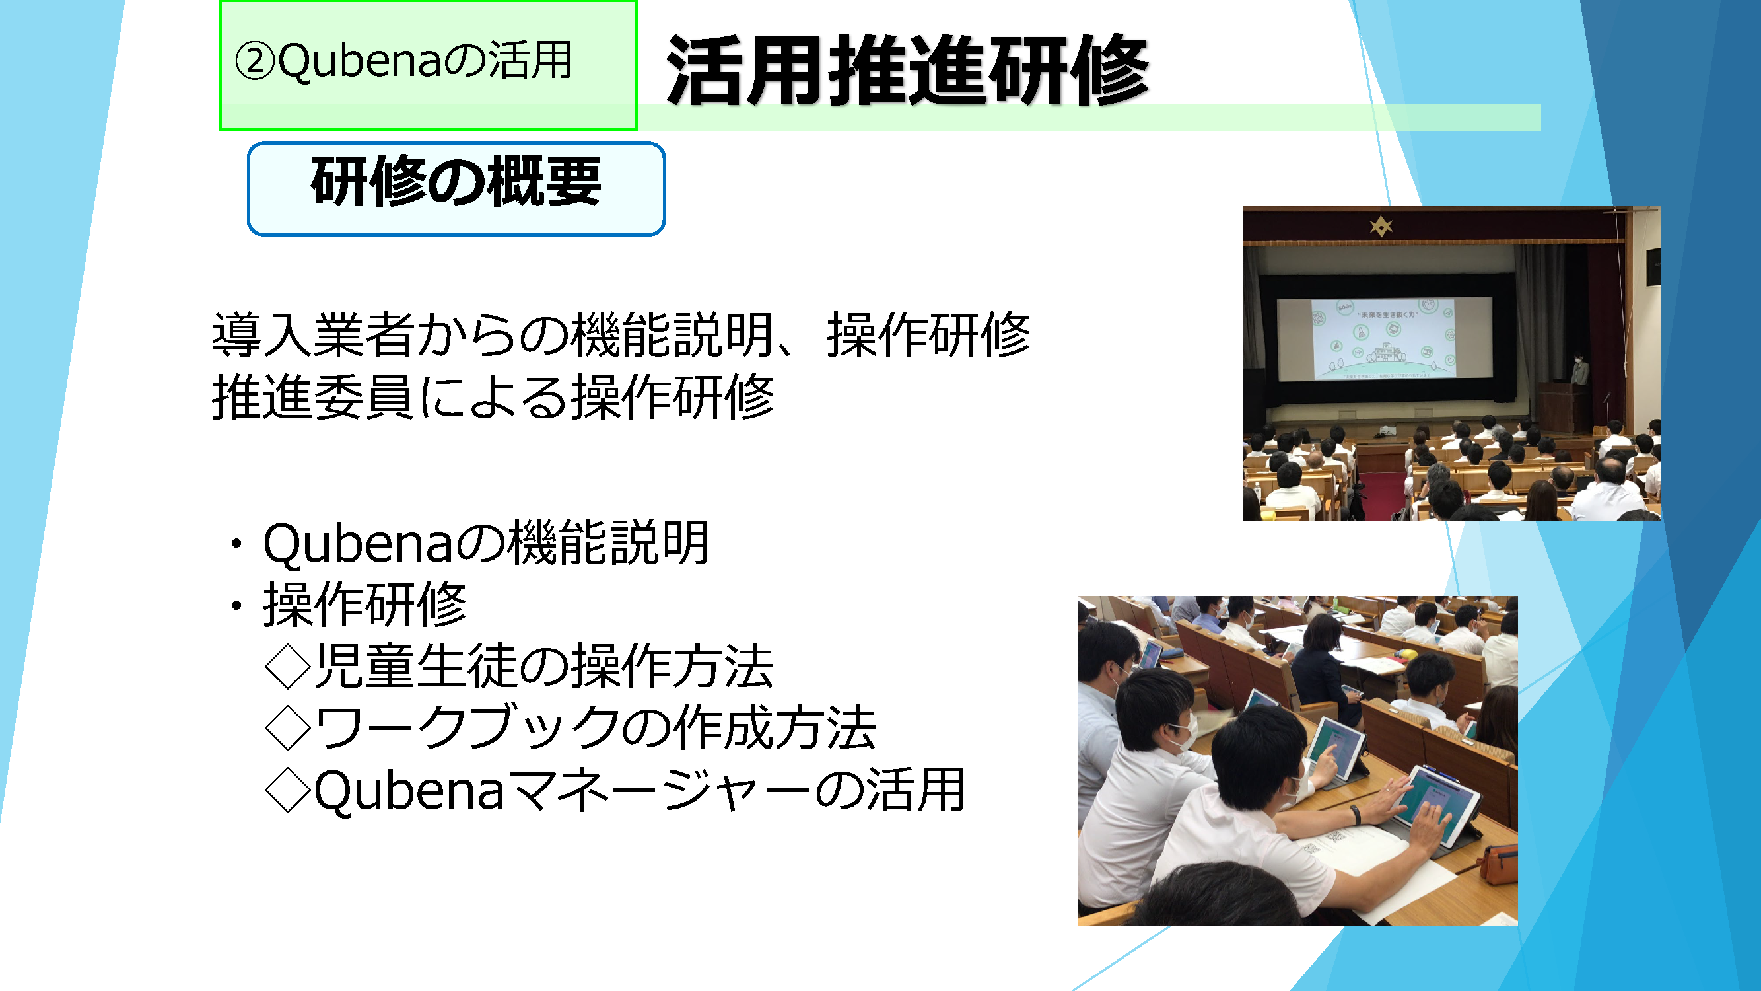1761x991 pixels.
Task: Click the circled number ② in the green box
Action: tap(254, 61)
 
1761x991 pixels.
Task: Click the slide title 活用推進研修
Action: tap(908, 71)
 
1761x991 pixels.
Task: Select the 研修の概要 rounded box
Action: tap(456, 189)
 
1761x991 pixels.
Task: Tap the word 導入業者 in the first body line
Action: tap(313, 335)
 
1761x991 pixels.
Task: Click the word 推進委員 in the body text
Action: tap(313, 396)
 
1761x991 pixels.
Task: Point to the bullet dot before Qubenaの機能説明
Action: tap(236, 544)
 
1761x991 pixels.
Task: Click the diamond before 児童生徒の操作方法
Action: tap(288, 667)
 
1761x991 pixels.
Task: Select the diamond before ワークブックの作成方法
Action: tap(288, 728)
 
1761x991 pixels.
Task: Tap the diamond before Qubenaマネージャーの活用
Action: tap(288, 790)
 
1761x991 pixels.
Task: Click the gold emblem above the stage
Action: tap(1381, 226)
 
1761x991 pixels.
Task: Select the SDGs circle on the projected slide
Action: tap(1319, 316)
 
